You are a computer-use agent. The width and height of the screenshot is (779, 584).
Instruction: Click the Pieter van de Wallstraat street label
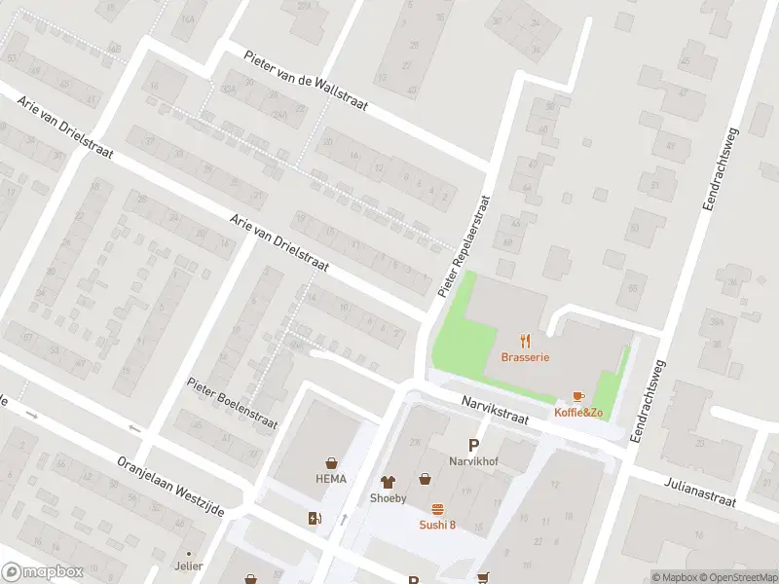[x=306, y=81]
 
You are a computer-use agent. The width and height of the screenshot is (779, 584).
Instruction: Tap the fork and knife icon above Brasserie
[x=526, y=340]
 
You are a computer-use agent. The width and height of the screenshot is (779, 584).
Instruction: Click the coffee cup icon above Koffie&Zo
[x=578, y=396]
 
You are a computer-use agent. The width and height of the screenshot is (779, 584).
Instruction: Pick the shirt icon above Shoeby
[x=389, y=480]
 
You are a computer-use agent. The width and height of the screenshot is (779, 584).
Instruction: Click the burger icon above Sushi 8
[x=437, y=509]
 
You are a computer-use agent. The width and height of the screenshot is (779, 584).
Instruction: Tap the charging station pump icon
[x=314, y=519]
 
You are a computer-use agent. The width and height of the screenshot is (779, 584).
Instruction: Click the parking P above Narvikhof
[x=473, y=445]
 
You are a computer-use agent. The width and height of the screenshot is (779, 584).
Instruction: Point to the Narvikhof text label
[x=473, y=460]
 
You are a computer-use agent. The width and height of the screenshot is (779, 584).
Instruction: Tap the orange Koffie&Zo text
[x=578, y=413]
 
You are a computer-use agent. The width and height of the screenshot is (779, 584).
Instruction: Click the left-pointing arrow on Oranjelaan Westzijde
[x=134, y=428]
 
